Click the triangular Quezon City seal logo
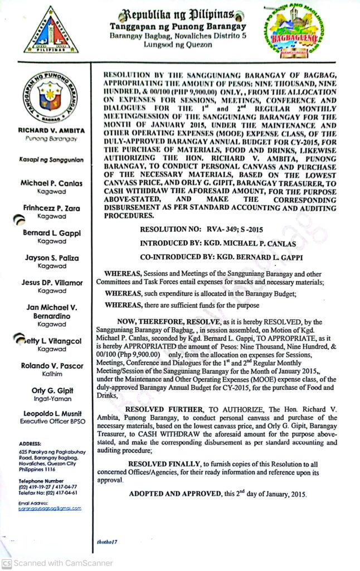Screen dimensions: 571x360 click(x=51, y=30)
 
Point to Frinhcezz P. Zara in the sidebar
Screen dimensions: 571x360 click(x=51, y=208)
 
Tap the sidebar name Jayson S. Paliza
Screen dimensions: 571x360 click(x=51, y=258)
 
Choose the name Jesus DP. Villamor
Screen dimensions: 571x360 click(x=52, y=283)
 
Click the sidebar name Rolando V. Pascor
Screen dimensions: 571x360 click(x=51, y=366)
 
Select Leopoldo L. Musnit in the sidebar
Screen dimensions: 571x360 click(x=51, y=413)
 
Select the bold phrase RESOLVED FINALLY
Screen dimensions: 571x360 click(x=164, y=464)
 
